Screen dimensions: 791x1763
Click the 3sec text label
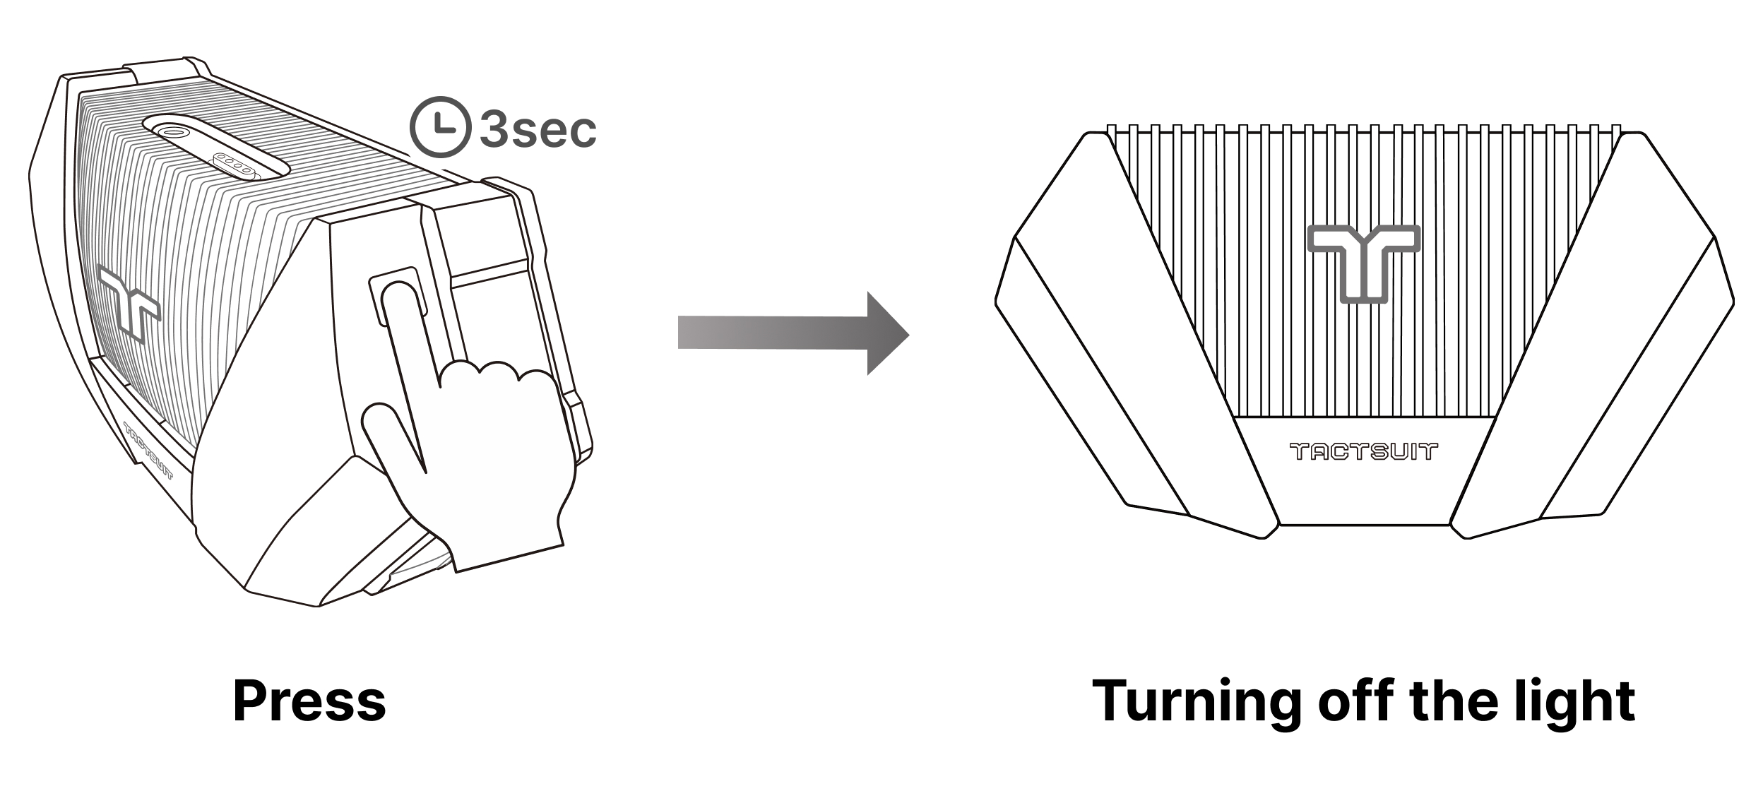[x=538, y=130]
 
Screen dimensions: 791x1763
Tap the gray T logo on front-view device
[x=1363, y=261]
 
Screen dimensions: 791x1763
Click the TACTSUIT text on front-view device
[x=1364, y=451]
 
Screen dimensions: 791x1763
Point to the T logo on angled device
[x=131, y=302]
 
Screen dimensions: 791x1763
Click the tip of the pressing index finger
[x=399, y=293]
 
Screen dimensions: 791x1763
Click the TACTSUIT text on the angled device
[x=148, y=451]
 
